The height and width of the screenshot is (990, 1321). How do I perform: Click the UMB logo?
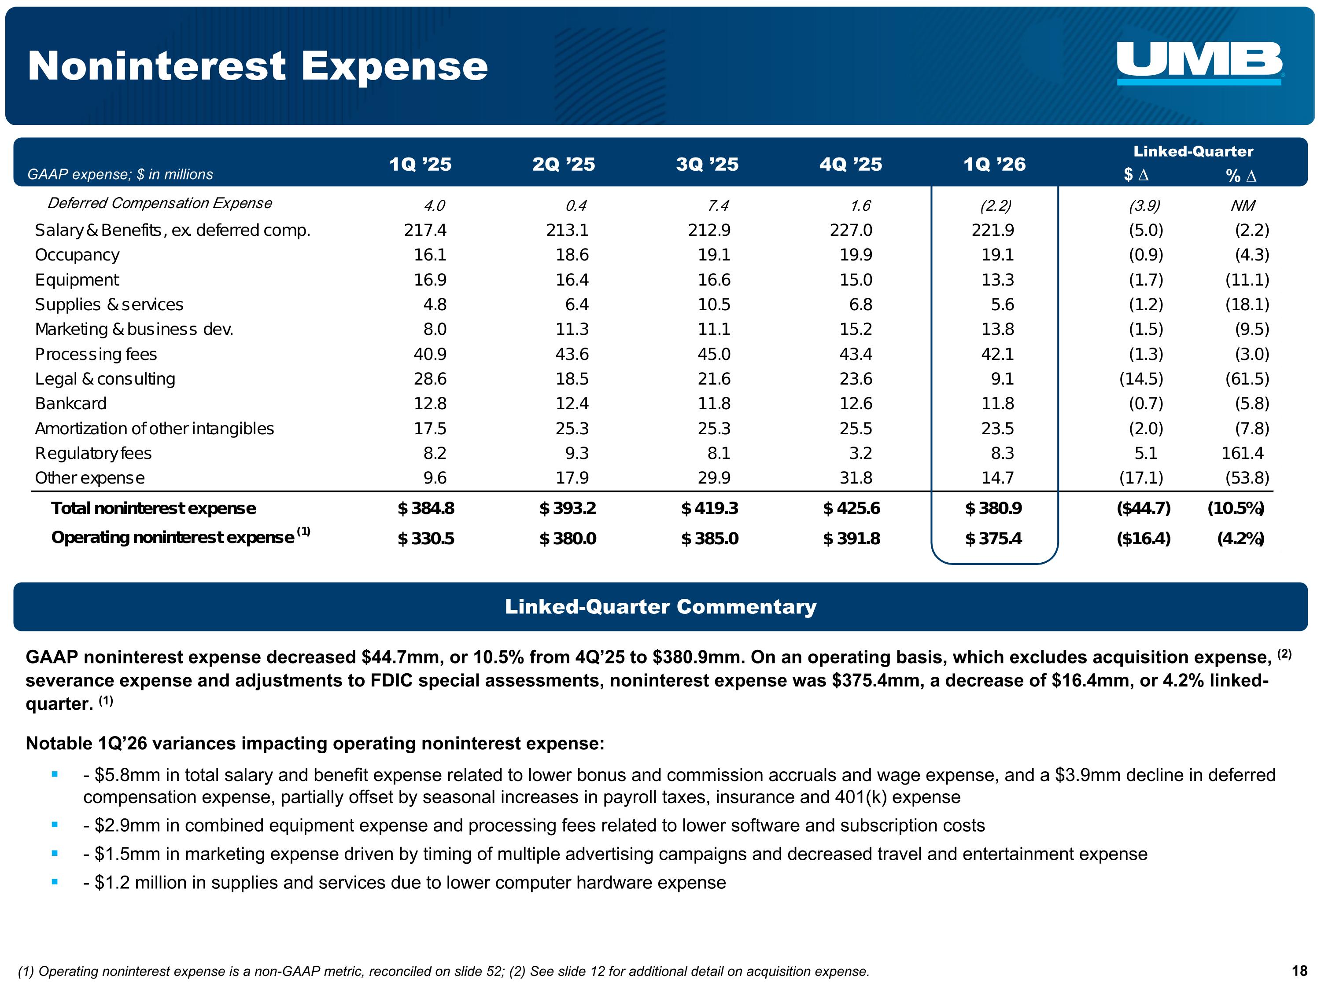tap(1199, 62)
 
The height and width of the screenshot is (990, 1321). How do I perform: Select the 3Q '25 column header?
tap(707, 164)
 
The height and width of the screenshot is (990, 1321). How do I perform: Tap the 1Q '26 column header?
tap(994, 164)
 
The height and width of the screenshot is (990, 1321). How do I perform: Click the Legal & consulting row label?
tap(105, 379)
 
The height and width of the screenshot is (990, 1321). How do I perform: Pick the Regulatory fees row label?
tap(93, 454)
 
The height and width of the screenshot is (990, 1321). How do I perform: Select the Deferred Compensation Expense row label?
tap(159, 203)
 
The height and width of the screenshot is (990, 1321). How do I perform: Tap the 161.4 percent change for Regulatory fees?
tap(1242, 454)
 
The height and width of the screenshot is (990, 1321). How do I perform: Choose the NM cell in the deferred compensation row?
tap(1242, 206)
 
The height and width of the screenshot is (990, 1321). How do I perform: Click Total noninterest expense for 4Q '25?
tap(851, 509)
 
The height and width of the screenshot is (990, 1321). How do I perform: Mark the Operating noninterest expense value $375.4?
tap(993, 539)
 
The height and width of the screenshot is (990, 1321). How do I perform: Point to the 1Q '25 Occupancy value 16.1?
tap(430, 255)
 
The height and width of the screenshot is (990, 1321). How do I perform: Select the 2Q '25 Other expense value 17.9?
tap(572, 478)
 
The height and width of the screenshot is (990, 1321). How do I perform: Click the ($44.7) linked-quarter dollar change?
tap(1143, 509)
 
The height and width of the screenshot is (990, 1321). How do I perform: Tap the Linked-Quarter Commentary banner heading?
tap(660, 607)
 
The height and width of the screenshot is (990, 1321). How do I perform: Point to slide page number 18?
tap(1299, 972)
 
